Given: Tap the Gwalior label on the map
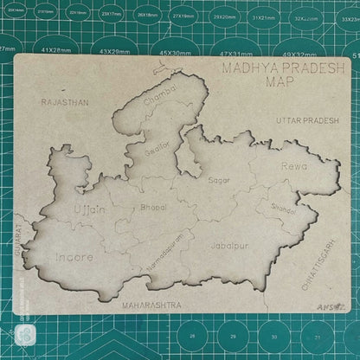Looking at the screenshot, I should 156,146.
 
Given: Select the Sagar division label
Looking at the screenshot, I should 219,180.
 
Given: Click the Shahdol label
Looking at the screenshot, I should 283,209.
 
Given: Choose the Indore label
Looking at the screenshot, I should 74,257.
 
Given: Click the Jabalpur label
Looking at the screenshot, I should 229,244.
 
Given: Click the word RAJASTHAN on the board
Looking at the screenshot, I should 64,102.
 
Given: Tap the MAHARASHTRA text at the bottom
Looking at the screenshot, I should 152,305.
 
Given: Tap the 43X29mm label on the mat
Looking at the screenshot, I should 114,51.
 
